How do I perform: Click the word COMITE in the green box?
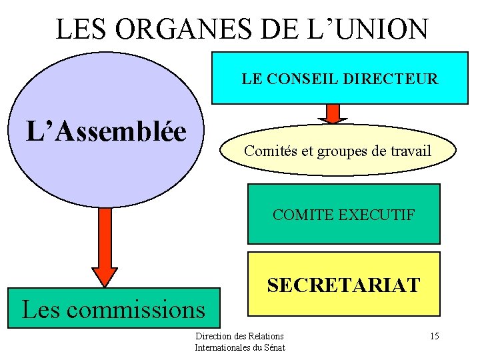pos(301,215)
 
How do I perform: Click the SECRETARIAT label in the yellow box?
pos(343,285)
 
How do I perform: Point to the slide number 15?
pos(434,336)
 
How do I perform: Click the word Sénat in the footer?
pos(275,347)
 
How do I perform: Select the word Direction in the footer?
pos(210,336)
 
